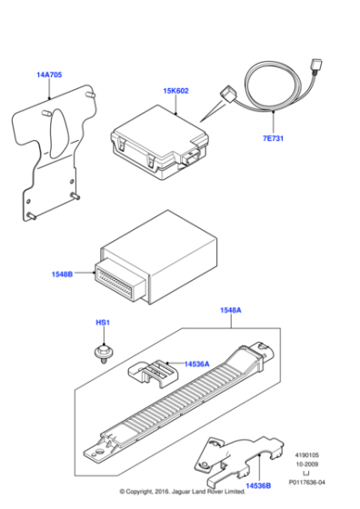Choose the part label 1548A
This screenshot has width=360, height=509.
[x=229, y=311]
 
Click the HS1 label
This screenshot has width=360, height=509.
[x=102, y=323]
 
